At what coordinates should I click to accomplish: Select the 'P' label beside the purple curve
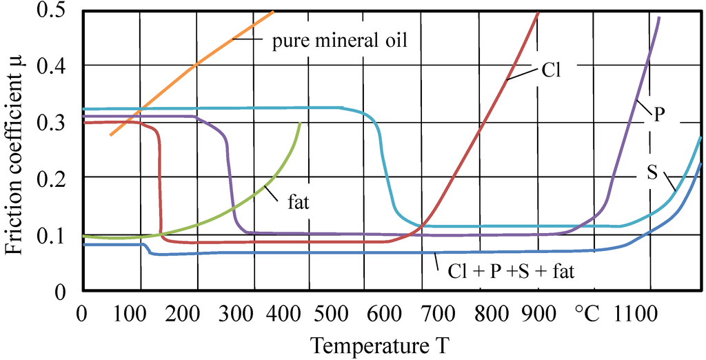click(658, 115)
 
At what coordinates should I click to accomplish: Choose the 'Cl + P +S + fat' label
click(506, 271)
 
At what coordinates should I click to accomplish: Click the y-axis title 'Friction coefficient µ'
click(15, 148)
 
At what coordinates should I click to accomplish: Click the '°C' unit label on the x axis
click(587, 314)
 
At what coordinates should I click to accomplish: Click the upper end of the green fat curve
click(300, 123)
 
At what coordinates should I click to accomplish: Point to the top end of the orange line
click(274, 12)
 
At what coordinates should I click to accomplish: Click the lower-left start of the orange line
click(110, 134)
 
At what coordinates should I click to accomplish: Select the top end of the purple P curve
click(659, 17)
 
